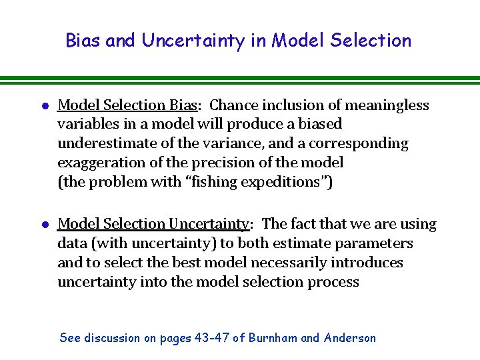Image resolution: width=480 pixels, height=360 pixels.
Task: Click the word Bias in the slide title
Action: point(83,41)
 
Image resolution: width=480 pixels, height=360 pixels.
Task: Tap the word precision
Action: point(252,162)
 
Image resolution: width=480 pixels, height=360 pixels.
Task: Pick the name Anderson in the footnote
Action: point(349,338)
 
